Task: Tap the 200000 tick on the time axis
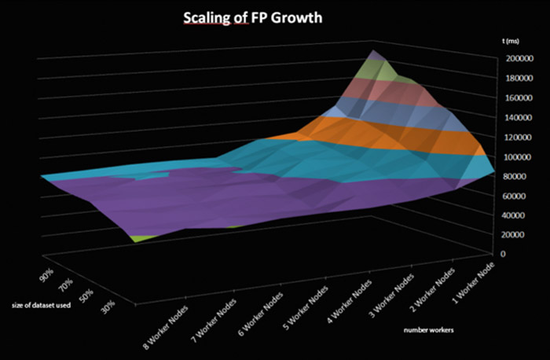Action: click(519, 58)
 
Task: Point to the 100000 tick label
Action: click(519, 156)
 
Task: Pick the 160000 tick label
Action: click(519, 98)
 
